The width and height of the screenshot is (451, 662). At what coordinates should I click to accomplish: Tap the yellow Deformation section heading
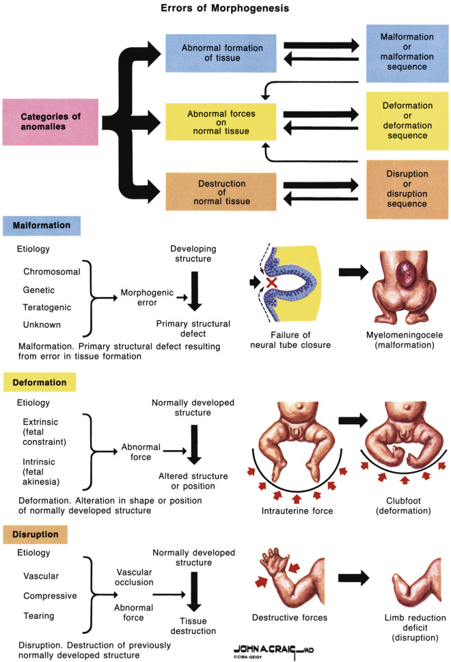39,382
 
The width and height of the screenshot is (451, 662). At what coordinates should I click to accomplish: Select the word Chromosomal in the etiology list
52,271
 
